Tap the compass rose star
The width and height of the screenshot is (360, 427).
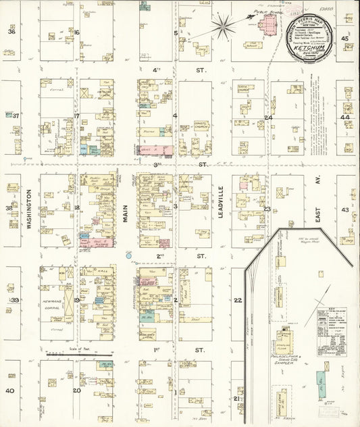pos(223,26)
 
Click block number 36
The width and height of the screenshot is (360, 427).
pos(11,32)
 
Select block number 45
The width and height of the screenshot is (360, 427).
pos(344,39)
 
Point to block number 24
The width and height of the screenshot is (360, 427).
pos(267,118)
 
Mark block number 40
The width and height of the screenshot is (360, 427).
pos(9,391)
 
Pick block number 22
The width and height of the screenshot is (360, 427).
pos(237,300)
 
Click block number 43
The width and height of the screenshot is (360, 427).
pos(344,210)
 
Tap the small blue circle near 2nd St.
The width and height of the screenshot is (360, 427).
pos(128,256)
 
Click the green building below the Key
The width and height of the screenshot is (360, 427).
pos(321,385)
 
